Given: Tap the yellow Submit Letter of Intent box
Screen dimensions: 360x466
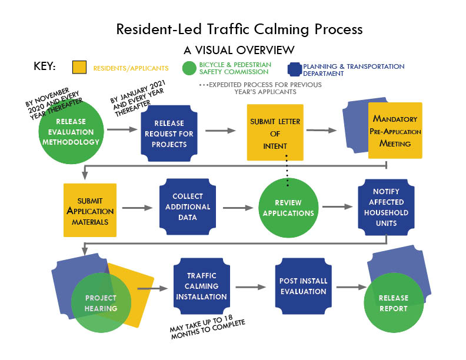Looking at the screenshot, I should click(275, 132).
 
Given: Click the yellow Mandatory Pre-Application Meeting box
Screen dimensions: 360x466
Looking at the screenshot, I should click(395, 131).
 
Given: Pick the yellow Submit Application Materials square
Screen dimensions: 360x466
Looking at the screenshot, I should click(89, 210).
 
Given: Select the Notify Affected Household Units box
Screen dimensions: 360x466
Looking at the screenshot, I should click(385, 207).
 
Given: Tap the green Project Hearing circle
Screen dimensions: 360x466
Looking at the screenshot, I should click(100, 303).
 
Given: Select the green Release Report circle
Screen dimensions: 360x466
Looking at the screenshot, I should click(393, 303).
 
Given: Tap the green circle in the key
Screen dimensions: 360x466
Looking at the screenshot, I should click(189, 69).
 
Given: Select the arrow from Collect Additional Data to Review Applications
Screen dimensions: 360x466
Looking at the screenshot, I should click(237, 208).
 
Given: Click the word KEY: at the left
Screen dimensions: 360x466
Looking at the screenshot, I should click(45, 66).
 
